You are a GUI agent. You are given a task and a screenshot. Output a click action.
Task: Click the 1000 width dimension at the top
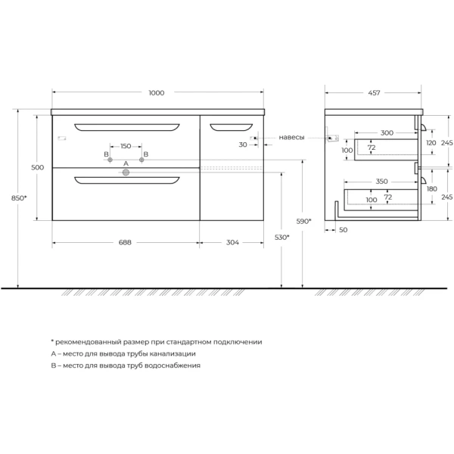click(157, 92)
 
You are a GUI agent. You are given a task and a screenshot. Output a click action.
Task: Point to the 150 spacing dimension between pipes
click(126, 145)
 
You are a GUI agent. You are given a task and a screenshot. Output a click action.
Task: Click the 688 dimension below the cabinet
click(125, 242)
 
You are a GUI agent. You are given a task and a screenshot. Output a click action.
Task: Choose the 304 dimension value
click(232, 242)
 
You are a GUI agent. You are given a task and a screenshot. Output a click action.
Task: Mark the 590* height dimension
click(303, 221)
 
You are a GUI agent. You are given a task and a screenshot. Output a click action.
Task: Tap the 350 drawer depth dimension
click(381, 182)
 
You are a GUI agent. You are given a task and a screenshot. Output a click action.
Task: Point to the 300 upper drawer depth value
click(387, 132)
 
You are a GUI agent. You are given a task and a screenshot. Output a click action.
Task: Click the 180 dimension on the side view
click(431, 188)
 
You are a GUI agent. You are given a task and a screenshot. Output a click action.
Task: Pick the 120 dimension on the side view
click(431, 142)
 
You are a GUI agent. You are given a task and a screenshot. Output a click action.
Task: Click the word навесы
click(291, 137)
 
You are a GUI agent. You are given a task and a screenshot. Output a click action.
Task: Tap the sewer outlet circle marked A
click(126, 173)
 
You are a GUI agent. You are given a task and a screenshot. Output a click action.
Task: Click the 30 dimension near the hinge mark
click(243, 144)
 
